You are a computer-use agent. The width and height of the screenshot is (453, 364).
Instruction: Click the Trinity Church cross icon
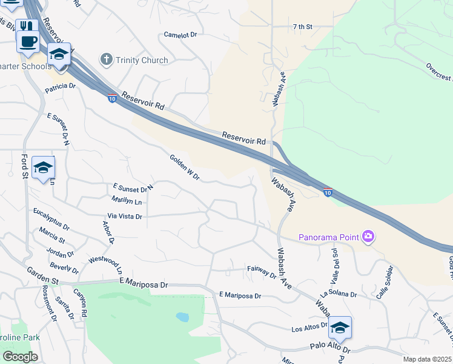pyautogui.click(x=107, y=60)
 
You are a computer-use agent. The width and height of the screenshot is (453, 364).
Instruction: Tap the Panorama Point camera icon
pyautogui.click(x=368, y=236)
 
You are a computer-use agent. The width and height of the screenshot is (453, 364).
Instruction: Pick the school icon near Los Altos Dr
pyautogui.click(x=340, y=328)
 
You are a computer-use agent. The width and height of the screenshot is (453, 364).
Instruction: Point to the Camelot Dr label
pyautogui.click(x=180, y=35)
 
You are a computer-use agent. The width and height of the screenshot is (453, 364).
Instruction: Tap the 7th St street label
pyautogui.click(x=302, y=27)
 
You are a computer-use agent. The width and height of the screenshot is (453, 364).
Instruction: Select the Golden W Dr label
pyautogui.click(x=185, y=167)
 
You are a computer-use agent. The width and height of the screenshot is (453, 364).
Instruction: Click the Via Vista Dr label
pyautogui.click(x=125, y=216)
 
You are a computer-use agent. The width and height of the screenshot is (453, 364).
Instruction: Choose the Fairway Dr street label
pyautogui.click(x=262, y=271)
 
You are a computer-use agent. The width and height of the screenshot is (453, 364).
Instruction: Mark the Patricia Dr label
pyautogui.click(x=60, y=87)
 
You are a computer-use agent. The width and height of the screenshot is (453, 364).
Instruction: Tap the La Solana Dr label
pyautogui.click(x=339, y=294)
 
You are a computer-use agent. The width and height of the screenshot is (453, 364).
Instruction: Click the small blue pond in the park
pyautogui.click(x=182, y=317)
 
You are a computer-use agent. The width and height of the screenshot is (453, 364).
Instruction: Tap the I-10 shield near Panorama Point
pyautogui.click(x=327, y=192)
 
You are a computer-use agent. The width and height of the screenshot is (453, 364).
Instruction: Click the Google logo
pyautogui.click(x=20, y=357)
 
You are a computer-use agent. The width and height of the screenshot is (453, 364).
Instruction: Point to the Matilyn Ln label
pyautogui.click(x=127, y=200)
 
